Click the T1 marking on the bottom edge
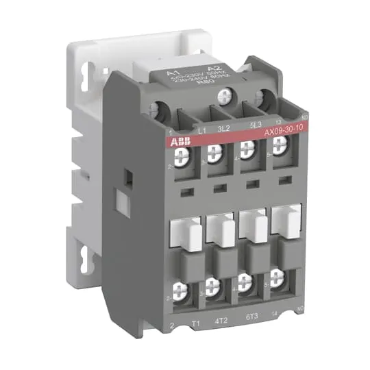pyautogui.click(x=195, y=337)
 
